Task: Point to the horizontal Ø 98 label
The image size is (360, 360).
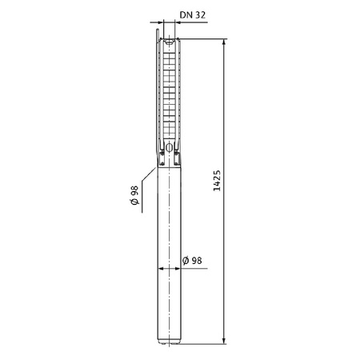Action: click(x=193, y=262)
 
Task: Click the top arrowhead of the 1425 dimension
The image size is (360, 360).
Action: click(x=223, y=38)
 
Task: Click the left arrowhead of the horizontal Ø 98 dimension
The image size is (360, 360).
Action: click(x=163, y=270)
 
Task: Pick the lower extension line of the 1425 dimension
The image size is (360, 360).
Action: click(x=204, y=344)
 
